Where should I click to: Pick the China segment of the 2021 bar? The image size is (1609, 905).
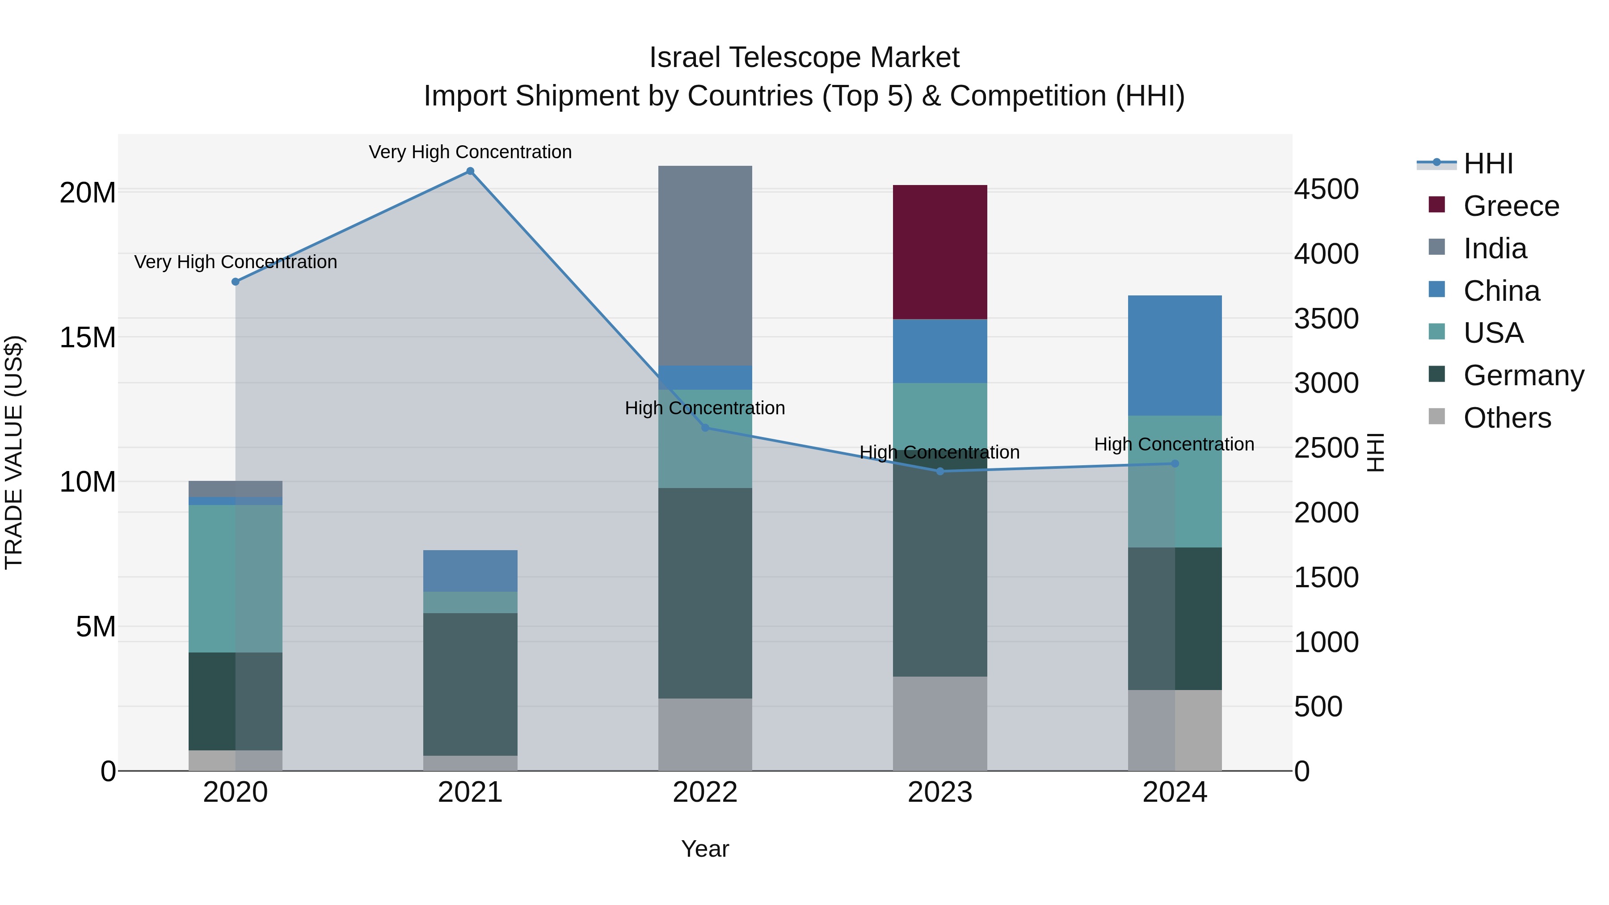click(x=470, y=571)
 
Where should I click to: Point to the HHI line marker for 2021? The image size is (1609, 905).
click(x=470, y=171)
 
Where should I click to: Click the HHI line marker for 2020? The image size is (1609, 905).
click(x=236, y=282)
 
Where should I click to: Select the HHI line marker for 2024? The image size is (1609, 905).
click(x=1175, y=463)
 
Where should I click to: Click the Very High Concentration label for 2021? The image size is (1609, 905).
click(x=470, y=152)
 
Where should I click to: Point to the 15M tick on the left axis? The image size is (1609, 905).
click(x=88, y=337)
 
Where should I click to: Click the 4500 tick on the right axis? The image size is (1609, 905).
click(x=1326, y=189)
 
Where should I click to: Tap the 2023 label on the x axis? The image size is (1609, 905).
click(x=939, y=792)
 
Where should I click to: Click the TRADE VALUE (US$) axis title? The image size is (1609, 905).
click(x=14, y=452)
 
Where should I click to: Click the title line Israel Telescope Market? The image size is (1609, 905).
click(x=804, y=58)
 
